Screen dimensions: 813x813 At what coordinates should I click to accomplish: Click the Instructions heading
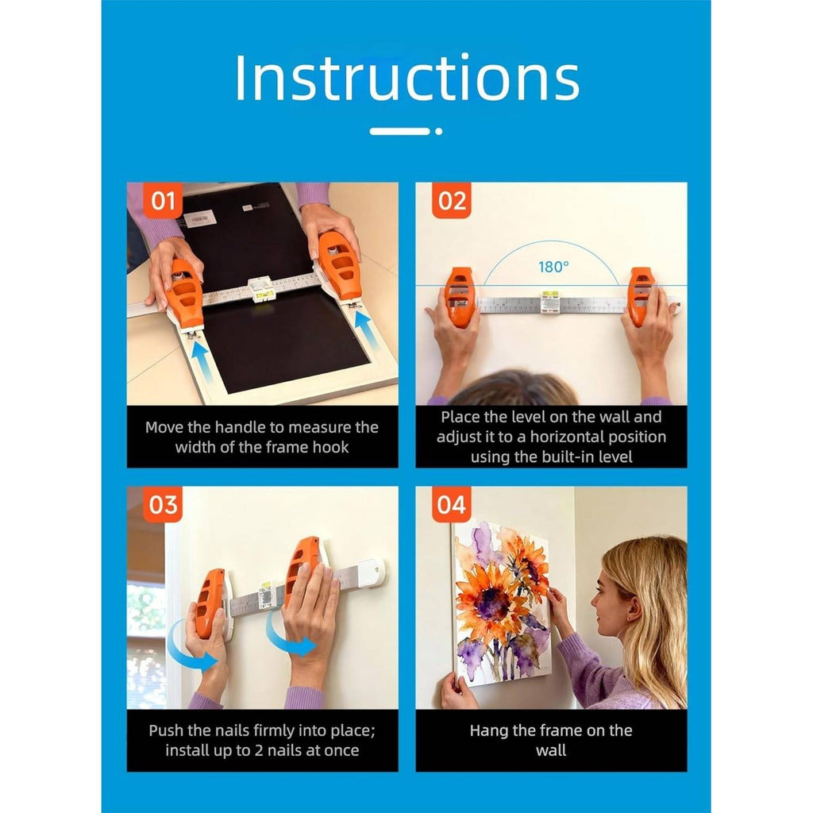pos(407,77)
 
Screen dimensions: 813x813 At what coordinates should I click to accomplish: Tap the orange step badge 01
pos(162,201)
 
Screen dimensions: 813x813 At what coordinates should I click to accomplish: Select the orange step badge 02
pos(452,201)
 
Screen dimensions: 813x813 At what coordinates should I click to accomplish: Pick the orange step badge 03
pos(162,504)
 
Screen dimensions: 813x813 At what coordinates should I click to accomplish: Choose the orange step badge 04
pos(452,504)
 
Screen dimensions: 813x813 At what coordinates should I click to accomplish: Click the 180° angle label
pos(553,267)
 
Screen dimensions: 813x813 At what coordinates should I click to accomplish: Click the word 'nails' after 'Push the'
pos(228,730)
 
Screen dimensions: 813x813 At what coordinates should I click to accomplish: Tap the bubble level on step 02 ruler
pos(549,302)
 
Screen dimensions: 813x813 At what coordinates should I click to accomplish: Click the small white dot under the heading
pos(438,132)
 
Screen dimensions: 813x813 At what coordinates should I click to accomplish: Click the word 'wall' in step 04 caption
pos(551,751)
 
